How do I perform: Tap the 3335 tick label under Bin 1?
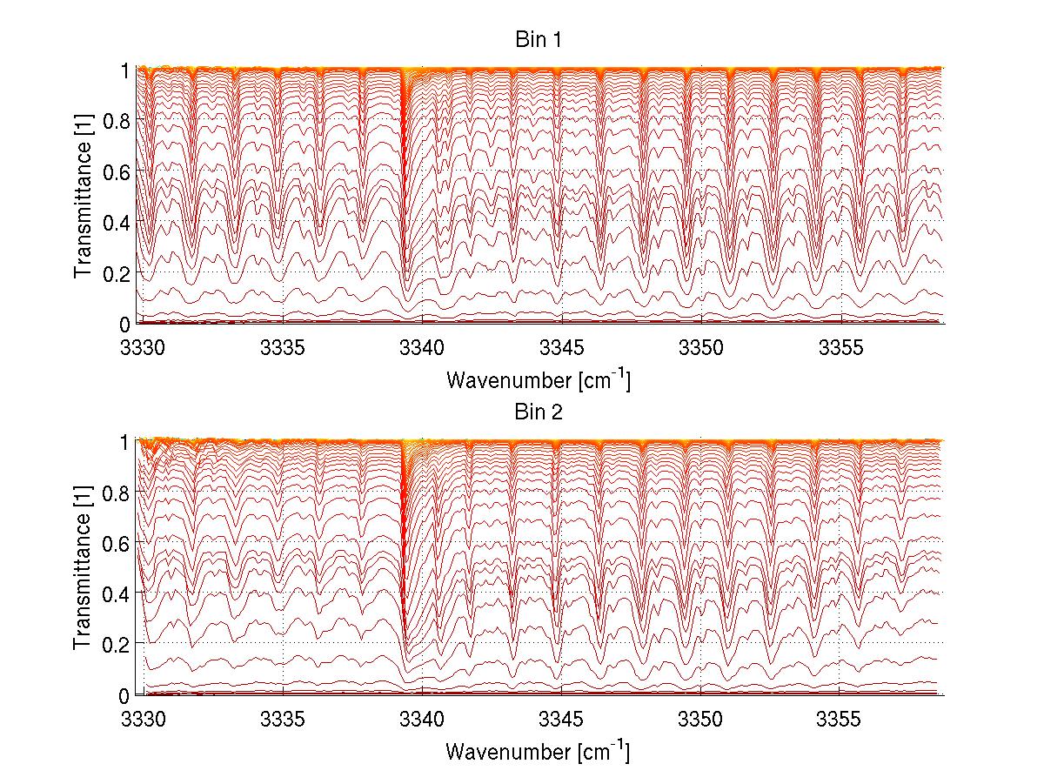tap(284, 349)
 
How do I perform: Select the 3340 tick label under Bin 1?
tap(423, 349)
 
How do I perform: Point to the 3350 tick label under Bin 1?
tap(701, 349)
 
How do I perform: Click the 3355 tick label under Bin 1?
tap(840, 349)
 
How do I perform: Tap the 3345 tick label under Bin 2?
tap(562, 720)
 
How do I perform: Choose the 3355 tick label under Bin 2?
tap(840, 720)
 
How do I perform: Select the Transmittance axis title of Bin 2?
tap(84, 568)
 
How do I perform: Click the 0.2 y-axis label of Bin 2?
tap(117, 644)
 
